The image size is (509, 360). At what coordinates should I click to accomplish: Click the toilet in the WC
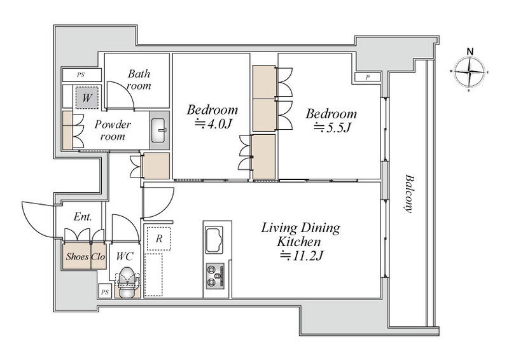pos(126,282)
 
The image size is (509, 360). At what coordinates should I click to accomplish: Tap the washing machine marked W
pos(87,97)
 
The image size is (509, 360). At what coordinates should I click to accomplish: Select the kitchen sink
pos(214,240)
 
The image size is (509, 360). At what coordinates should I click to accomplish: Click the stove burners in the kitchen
pos(215,276)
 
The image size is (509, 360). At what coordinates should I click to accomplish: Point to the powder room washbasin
pos(158,130)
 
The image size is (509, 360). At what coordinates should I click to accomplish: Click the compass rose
pos(470,73)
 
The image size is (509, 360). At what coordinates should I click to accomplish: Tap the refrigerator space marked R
pos(158,239)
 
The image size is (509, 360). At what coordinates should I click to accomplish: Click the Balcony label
pos(409,194)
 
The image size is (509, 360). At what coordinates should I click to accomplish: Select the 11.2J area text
pos(302,256)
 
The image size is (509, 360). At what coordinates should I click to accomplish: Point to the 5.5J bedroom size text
pos(332,128)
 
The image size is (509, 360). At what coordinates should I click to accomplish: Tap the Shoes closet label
pos(77,256)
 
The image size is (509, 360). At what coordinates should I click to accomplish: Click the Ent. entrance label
pos(83,216)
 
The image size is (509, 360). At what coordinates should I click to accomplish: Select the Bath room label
pos(139,80)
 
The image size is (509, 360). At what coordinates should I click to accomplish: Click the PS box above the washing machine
pos(81,75)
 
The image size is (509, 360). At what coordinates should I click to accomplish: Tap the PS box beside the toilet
pos(105,292)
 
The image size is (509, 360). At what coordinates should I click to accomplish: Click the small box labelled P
pos(368,77)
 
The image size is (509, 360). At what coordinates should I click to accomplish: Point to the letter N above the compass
pos(470,52)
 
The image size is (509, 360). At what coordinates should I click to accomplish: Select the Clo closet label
pos(98,256)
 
